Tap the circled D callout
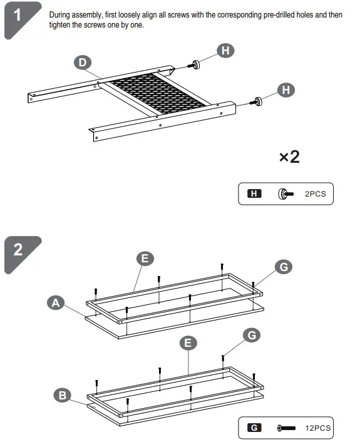click(x=82, y=62)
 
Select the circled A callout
click(x=56, y=303)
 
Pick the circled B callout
click(x=62, y=395)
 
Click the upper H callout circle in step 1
click(x=225, y=51)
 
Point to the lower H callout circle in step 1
click(x=286, y=90)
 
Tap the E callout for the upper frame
click(x=145, y=259)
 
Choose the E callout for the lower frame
click(x=187, y=342)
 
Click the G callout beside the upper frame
click(x=284, y=267)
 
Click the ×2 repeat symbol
click(x=289, y=157)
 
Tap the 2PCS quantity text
click(x=315, y=194)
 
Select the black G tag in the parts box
click(x=254, y=428)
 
